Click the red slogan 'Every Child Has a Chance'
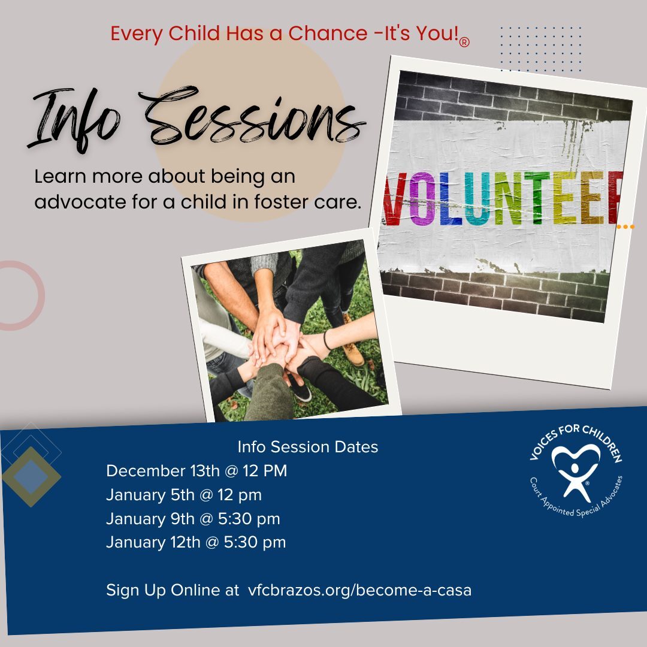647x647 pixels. click(x=239, y=34)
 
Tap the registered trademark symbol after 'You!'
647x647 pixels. click(x=464, y=42)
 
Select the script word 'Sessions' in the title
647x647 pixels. click(x=252, y=117)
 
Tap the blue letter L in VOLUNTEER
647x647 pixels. click(x=450, y=199)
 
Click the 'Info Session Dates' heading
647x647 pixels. click(x=308, y=447)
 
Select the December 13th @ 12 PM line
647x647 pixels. click(x=196, y=471)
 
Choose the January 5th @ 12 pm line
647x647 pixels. click(x=184, y=495)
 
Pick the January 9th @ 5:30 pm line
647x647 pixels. click(x=193, y=519)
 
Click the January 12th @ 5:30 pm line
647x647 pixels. click(x=196, y=542)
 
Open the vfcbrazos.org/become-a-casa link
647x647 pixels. click(x=359, y=590)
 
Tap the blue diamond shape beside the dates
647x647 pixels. click(x=32, y=477)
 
